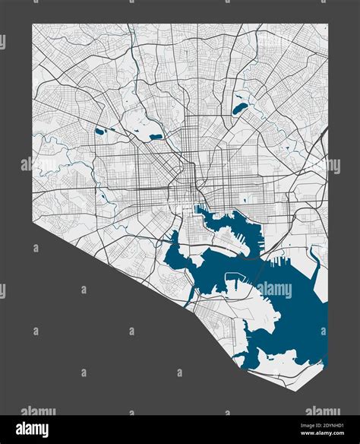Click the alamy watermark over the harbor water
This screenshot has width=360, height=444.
click(x=275, y=290)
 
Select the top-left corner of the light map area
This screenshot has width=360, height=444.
click(x=32, y=24)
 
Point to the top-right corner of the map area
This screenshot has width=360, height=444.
click(x=327, y=24)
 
